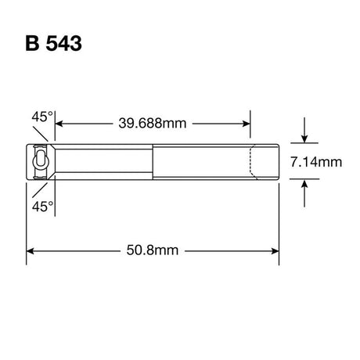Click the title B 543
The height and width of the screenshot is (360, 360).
click(54, 43)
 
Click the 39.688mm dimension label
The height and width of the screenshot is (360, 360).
click(153, 123)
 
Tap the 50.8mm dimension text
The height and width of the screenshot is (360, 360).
click(153, 250)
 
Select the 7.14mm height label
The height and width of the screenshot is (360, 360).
click(316, 162)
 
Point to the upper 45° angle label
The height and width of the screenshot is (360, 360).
click(42, 117)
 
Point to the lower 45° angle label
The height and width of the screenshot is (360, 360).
click(42, 207)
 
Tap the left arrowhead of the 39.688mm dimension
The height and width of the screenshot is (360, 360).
click(59, 124)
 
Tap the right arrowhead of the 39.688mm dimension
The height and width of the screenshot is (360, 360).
click(247, 124)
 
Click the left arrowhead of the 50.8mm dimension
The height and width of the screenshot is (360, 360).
click(31, 251)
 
